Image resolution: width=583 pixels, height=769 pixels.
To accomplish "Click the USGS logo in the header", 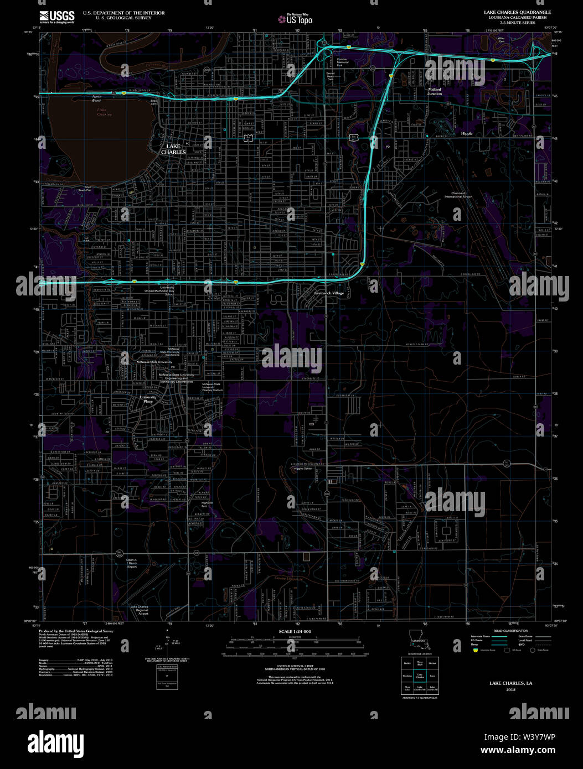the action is pos(56,17).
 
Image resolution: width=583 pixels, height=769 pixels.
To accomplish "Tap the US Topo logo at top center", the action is pos(296,19).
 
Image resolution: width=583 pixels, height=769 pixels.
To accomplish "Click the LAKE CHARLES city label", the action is pos(173,149).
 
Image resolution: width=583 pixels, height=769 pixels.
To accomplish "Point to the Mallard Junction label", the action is pos(434,91).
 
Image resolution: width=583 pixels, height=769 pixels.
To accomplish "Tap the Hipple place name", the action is pos(467,133).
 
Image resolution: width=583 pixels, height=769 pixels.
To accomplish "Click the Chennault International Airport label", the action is pos(458,195).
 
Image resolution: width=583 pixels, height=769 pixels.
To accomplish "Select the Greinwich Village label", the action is pos(329,293).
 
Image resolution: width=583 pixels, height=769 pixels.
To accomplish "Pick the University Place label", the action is pos(148,399).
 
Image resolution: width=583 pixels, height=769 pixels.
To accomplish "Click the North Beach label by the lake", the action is pos(97,98).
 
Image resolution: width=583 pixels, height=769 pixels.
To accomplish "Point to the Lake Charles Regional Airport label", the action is pos(139,610).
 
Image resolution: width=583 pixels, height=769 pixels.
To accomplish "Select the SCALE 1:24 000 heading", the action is pos(295,632).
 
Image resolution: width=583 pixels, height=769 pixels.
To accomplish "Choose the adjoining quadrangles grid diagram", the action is pos(420,676).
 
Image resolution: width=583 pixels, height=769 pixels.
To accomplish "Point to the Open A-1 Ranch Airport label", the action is pos(131,563).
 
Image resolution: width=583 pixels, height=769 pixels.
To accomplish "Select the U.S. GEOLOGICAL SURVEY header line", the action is pos(108,17).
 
